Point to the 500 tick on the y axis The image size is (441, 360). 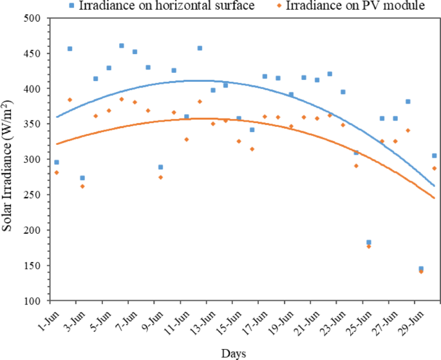coord(41,18)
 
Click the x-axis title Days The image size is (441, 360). coord(233,353)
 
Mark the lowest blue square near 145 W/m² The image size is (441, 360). coord(421,269)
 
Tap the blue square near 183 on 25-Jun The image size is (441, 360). coord(369,242)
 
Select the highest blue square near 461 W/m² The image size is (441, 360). coord(122,46)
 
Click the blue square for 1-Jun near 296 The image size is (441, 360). coord(57,162)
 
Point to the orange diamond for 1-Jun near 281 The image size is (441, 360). coord(57,173)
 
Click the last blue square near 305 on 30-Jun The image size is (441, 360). coord(434,156)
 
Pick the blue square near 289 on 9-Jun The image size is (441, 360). coord(160,167)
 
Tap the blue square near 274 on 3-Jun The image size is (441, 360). coord(82,178)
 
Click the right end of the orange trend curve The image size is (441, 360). coord(435,198)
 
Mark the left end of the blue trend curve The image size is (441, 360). coord(57,117)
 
